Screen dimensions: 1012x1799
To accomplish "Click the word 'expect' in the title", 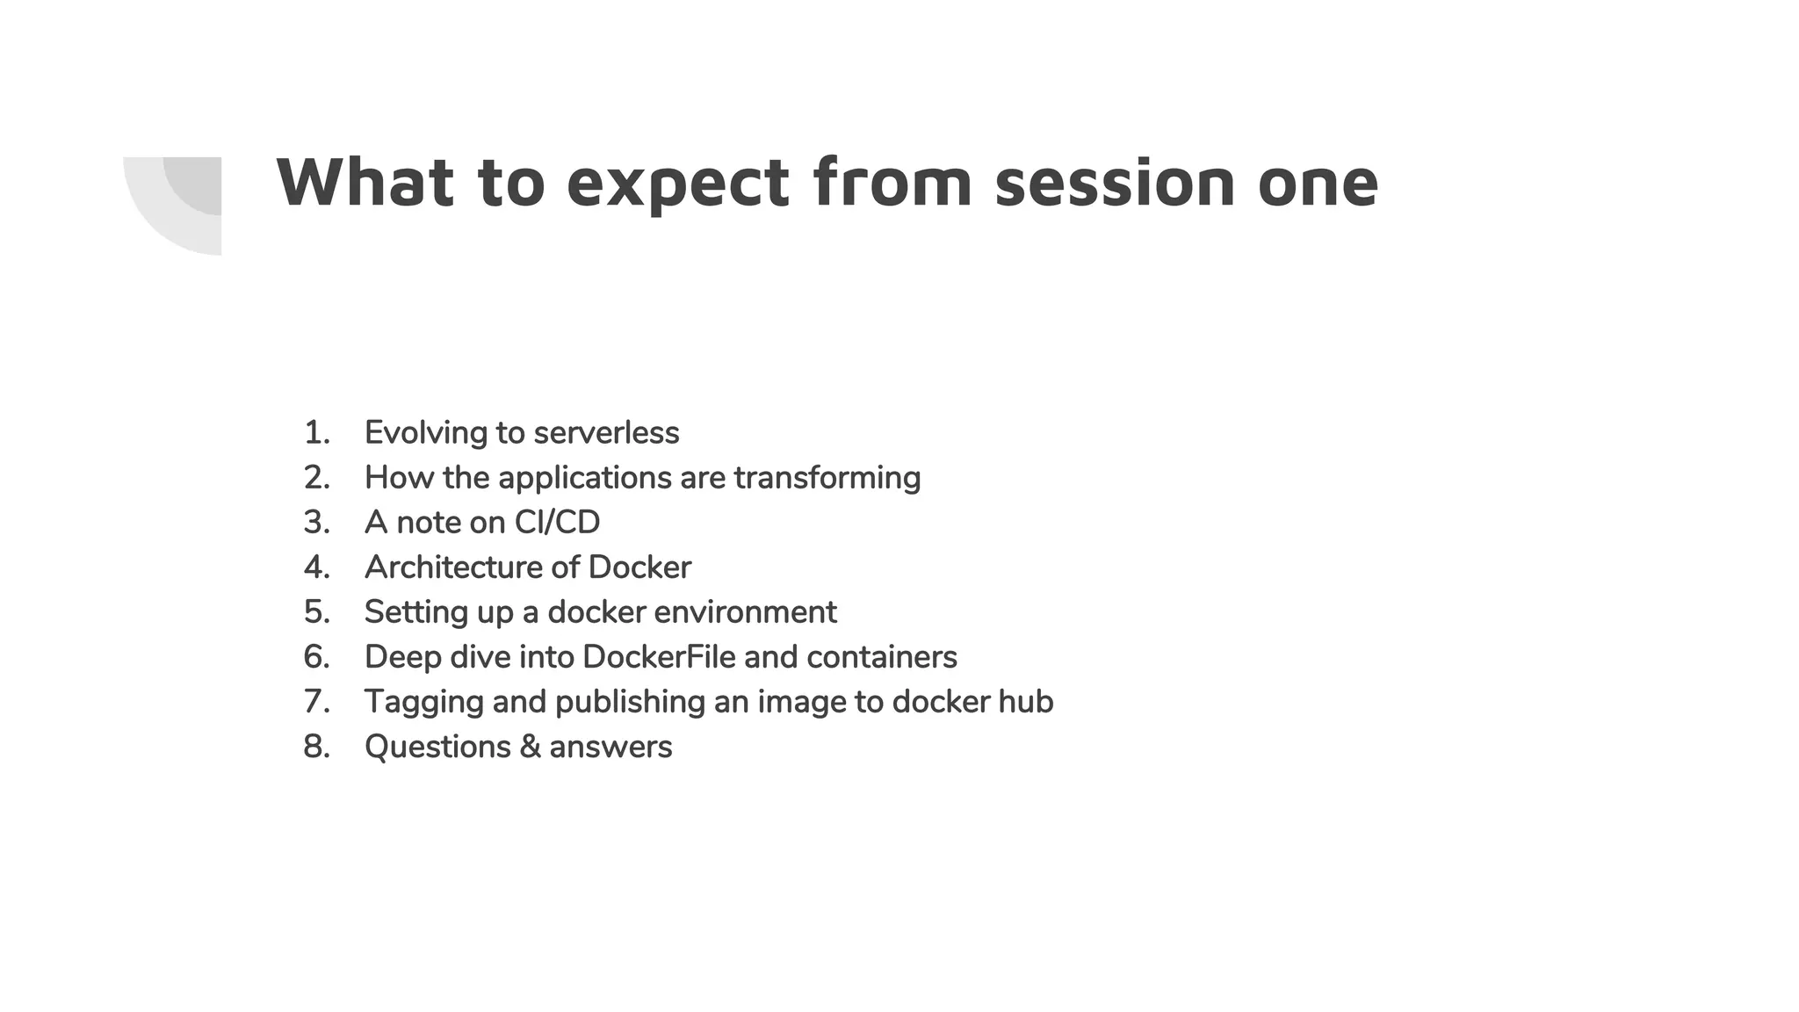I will pyautogui.click(x=677, y=184).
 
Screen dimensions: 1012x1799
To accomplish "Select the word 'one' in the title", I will pyautogui.click(x=1317, y=184).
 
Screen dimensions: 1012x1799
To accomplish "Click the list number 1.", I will pyautogui.click(x=316, y=433).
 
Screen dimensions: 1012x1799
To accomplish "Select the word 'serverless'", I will pyautogui.click(x=606, y=433).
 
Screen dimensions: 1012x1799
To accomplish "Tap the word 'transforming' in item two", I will pyautogui.click(x=827, y=478).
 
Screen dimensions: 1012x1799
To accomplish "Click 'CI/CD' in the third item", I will pyautogui.click(x=557, y=523).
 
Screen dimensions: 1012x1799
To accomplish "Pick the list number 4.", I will pyautogui.click(x=316, y=567).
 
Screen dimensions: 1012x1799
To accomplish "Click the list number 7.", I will pyautogui.click(x=316, y=702).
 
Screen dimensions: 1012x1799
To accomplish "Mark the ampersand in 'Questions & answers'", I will pyautogui.click(x=530, y=747).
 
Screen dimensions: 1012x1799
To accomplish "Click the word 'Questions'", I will pyautogui.click(x=437, y=748).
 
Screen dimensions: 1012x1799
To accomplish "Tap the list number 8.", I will pyautogui.click(x=316, y=747).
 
